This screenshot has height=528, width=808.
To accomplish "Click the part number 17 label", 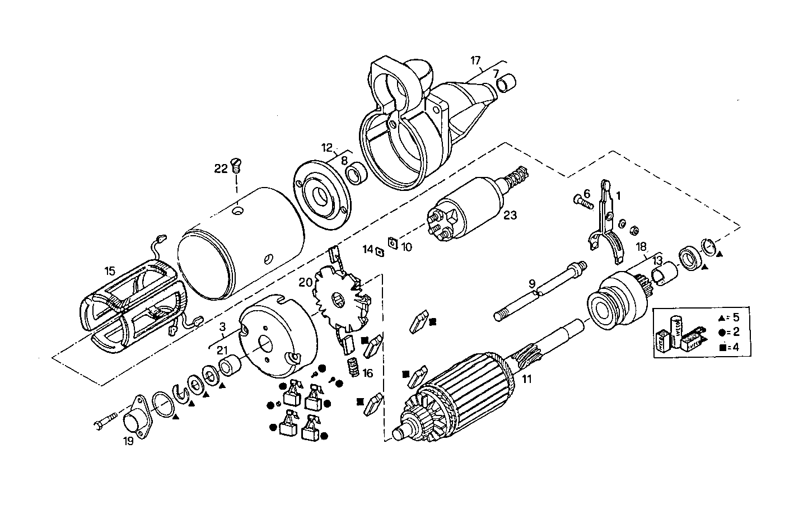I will [x=475, y=60].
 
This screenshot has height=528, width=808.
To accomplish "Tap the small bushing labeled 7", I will [x=506, y=83].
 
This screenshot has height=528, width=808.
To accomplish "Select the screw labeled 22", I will [x=236, y=165].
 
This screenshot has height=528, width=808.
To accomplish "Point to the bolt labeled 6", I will [x=583, y=202].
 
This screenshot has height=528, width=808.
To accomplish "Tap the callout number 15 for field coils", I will [x=110, y=271].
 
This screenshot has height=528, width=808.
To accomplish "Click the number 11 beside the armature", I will [x=526, y=379].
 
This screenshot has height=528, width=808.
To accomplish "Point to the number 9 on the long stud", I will [x=531, y=283].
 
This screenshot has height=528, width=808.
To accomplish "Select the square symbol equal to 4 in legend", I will [x=723, y=347].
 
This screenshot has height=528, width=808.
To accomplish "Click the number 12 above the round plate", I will [x=327, y=148].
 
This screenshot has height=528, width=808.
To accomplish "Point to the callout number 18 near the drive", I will [x=642, y=246].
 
